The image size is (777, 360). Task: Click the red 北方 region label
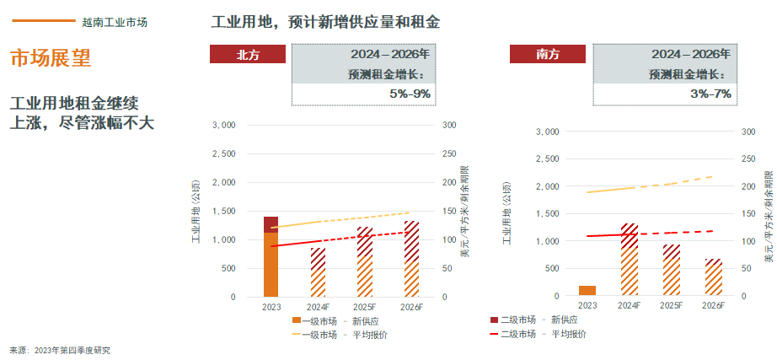pyautogui.click(x=249, y=54)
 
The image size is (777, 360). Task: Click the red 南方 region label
pyautogui.click(x=549, y=54)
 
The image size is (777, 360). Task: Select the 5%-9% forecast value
pyautogui.click(x=410, y=94)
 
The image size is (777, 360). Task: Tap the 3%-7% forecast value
pyautogui.click(x=710, y=94)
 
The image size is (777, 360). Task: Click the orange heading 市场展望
pyautogui.click(x=50, y=58)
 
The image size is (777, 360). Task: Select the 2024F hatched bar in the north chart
pyautogui.click(x=318, y=272)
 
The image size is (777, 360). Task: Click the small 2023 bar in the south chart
pyautogui.click(x=587, y=291)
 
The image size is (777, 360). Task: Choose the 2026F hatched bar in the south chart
pyautogui.click(x=713, y=277)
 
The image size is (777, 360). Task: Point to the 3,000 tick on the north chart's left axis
pyautogui.click(x=223, y=125)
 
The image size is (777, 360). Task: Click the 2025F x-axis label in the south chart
pyautogui.click(x=672, y=305)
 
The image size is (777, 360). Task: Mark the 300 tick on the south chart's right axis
pyautogui.click(x=748, y=132)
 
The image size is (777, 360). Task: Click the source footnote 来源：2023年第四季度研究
pyautogui.click(x=60, y=350)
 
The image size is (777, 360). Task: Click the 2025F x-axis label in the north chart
pyautogui.click(x=365, y=306)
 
